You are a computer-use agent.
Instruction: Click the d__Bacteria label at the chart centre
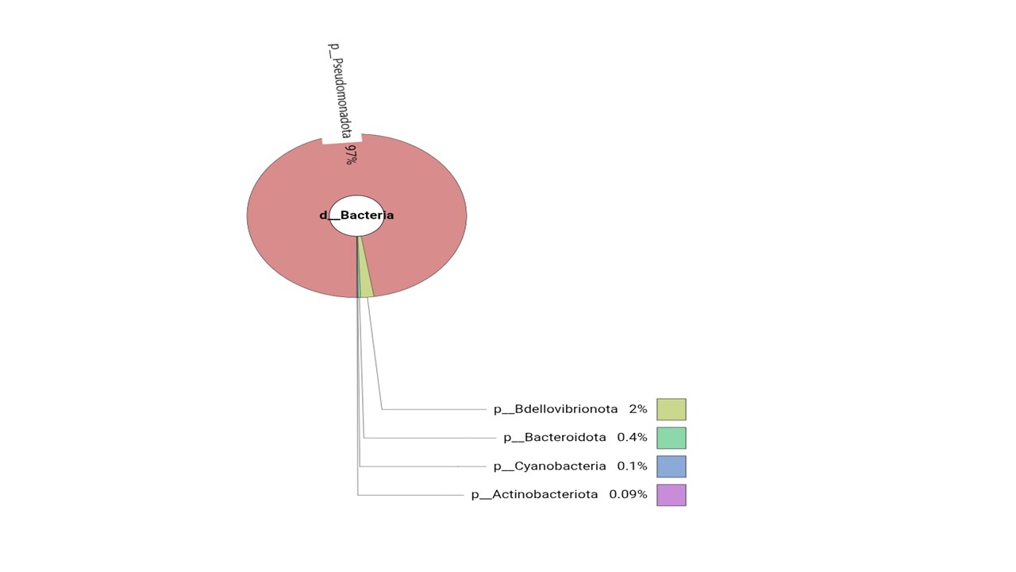[356, 215]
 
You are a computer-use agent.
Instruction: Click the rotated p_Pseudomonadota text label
[341, 91]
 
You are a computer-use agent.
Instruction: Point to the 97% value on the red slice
[351, 154]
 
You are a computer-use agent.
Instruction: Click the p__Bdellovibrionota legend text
[556, 409]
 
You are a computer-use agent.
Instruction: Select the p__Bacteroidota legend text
[555, 438]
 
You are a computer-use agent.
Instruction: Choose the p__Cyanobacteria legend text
[550, 466]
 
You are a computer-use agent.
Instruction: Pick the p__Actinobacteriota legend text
[534, 494]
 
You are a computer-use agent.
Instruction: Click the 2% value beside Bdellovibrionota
[637, 409]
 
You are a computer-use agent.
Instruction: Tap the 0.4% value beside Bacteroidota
[632, 437]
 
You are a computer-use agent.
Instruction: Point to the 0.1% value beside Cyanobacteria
[632, 466]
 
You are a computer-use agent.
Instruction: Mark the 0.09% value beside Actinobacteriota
[628, 494]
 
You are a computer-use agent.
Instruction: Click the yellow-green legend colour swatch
[672, 409]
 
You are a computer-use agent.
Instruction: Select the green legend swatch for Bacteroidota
[672, 438]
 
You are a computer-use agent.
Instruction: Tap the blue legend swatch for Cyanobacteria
[672, 466]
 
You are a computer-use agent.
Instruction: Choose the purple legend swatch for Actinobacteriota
[672, 495]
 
